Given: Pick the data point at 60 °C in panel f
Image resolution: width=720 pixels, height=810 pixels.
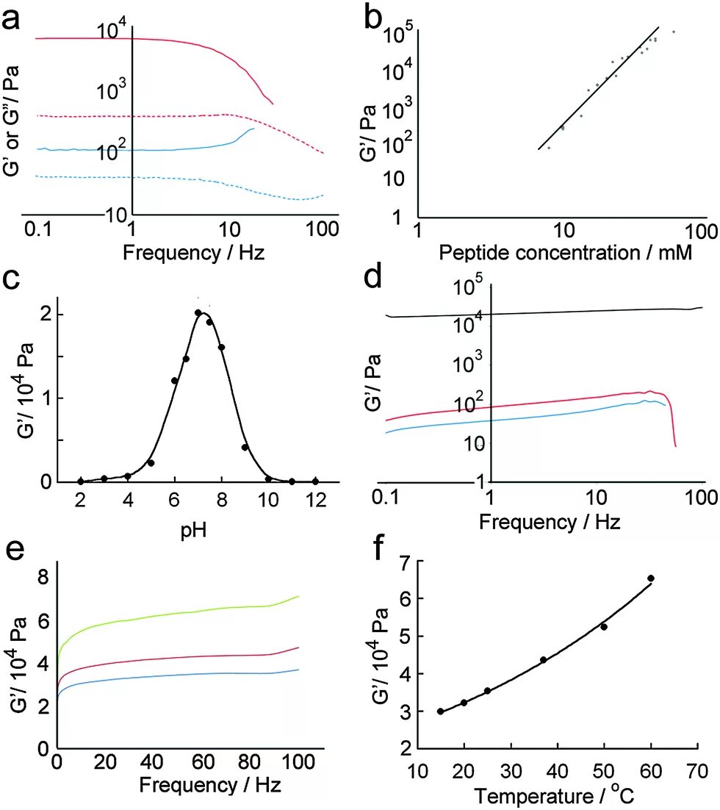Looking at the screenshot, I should [651, 578].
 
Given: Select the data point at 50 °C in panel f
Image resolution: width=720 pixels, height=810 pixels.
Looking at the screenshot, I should [604, 627].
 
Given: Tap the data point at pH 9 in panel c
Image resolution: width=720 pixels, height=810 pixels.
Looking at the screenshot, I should [245, 447].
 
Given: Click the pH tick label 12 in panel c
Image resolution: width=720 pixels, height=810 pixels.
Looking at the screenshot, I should [316, 501].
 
